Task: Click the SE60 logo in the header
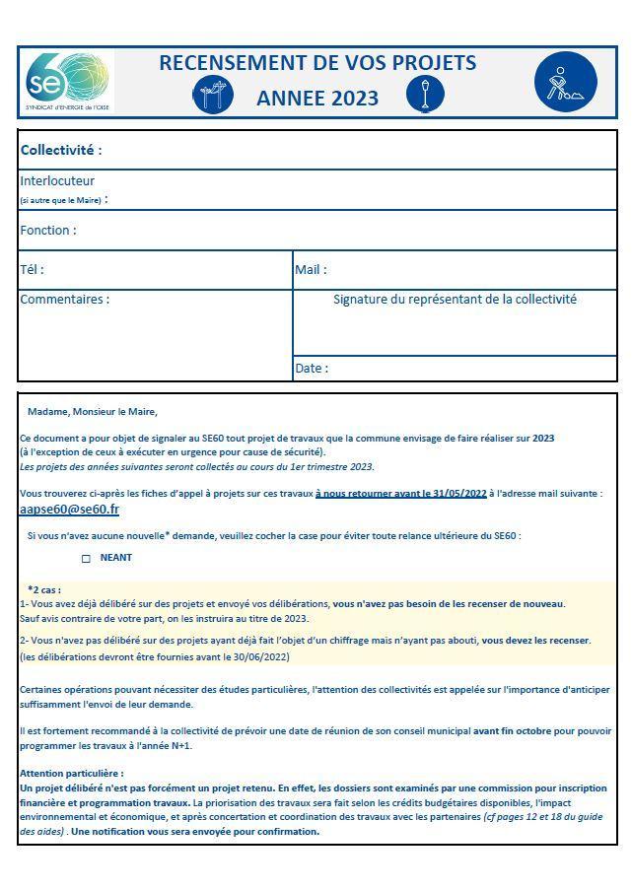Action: (66, 81)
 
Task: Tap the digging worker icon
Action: (566, 82)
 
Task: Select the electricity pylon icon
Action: (212, 96)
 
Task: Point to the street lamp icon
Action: (425, 96)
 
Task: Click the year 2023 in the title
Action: (354, 98)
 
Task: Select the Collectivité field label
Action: (61, 151)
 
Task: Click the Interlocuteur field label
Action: (57, 181)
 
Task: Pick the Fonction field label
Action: (47, 231)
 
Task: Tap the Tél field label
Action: (32, 269)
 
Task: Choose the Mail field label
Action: (311, 269)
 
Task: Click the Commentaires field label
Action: (64, 300)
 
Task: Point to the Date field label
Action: (312, 369)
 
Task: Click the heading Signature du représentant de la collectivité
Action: (455, 300)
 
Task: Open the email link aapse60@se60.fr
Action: (69, 510)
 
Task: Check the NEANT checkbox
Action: (86, 559)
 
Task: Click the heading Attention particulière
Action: (72, 774)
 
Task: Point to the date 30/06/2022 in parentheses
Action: (257, 656)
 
